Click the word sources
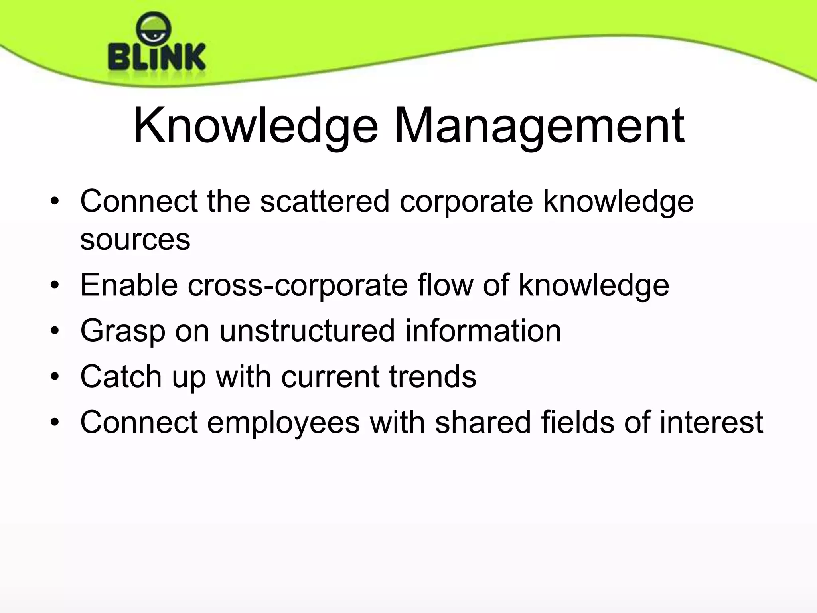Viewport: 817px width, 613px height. coord(135,239)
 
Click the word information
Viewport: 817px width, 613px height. coord(483,331)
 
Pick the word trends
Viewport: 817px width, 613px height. coord(433,376)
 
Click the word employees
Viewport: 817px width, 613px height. coord(283,422)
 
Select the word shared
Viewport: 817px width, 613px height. coord(483,422)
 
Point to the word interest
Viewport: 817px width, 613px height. coord(711,422)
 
